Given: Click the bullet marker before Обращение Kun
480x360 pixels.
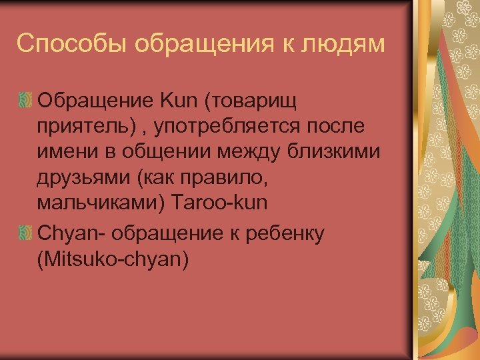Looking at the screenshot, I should tap(25, 102).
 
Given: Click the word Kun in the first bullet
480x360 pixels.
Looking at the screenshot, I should tap(179, 101).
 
